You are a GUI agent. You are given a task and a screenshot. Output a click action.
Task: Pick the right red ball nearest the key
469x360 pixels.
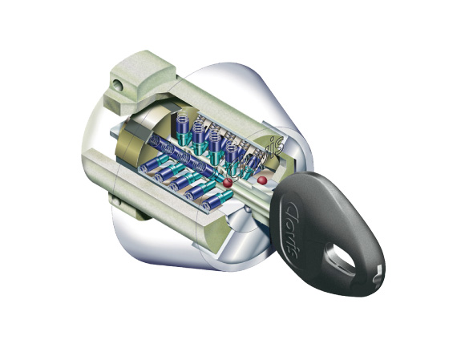[x=262, y=180]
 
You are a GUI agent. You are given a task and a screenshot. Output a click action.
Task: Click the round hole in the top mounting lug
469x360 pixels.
[x=118, y=84]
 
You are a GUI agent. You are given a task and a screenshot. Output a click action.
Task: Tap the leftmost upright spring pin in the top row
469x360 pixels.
[x=182, y=127]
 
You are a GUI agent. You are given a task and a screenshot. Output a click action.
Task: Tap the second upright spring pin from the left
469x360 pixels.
[x=198, y=132]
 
